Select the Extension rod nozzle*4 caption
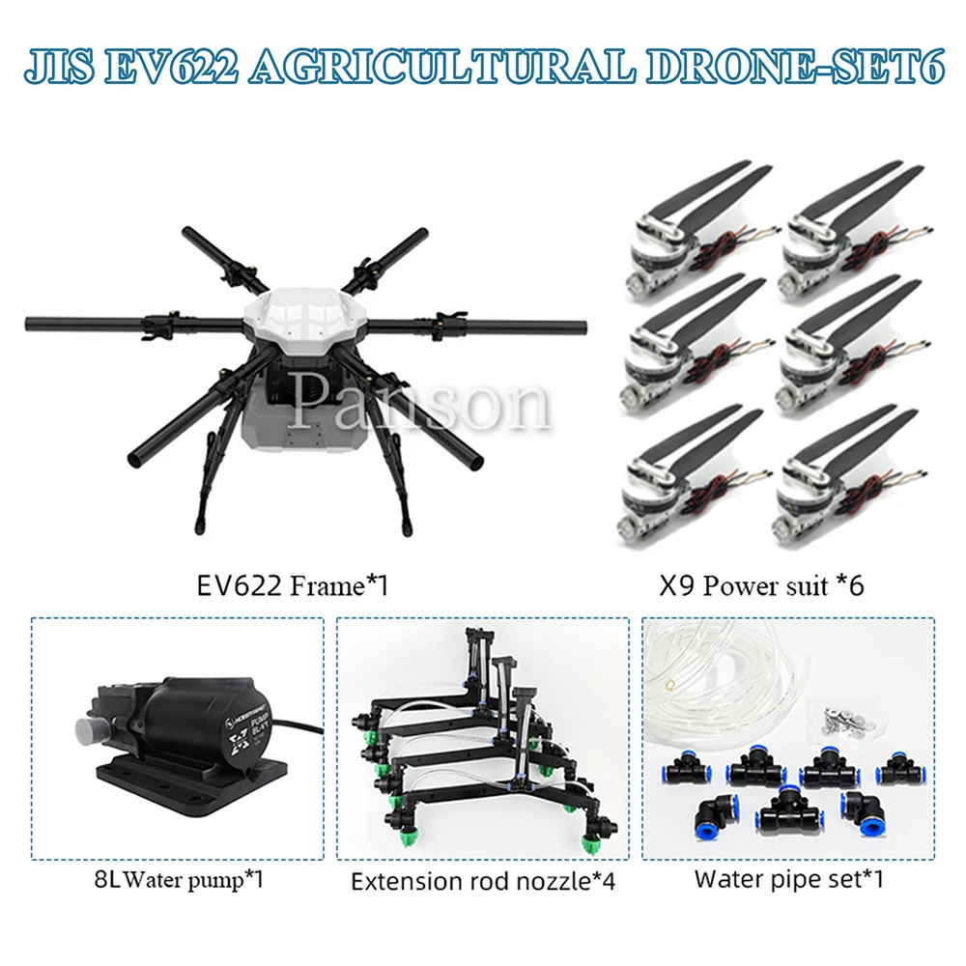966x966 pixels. click(482, 880)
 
